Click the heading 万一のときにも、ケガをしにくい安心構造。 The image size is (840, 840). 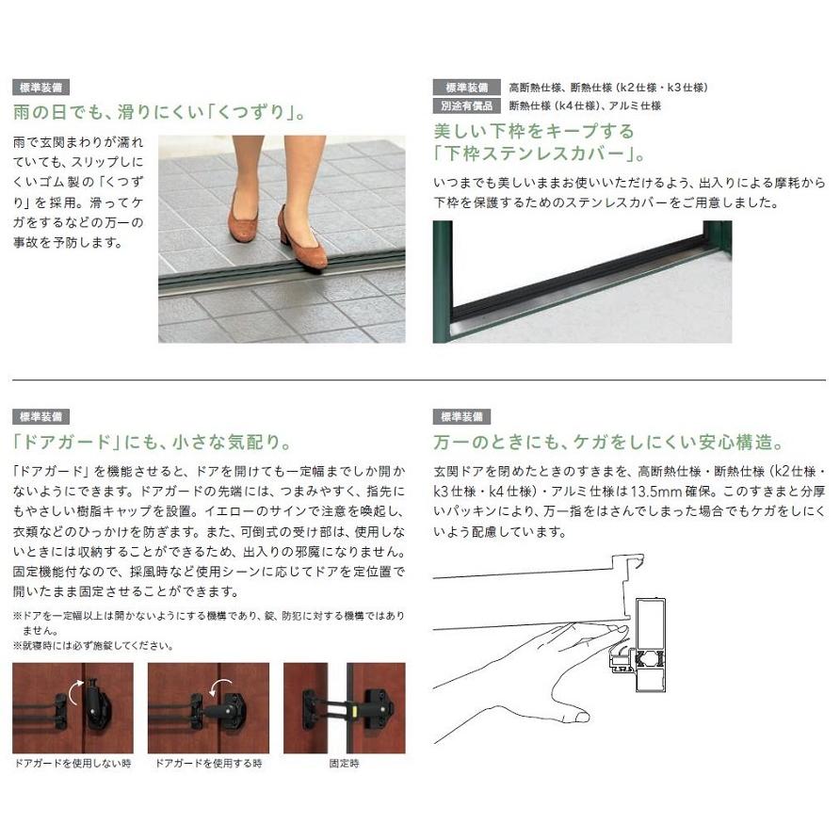pos(608,442)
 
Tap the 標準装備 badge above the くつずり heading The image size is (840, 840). pos(43,88)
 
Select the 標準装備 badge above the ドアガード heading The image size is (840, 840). pos(43,416)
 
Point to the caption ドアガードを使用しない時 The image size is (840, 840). pos(73,763)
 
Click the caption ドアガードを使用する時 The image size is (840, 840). pos(208,763)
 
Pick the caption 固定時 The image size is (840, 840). pos(344,763)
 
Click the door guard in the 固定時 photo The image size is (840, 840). pos(347,708)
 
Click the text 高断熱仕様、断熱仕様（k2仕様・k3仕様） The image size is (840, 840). pos(607,88)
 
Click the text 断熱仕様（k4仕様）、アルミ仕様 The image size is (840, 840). pos(585,105)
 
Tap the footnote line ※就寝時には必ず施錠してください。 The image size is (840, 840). pos(93,645)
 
